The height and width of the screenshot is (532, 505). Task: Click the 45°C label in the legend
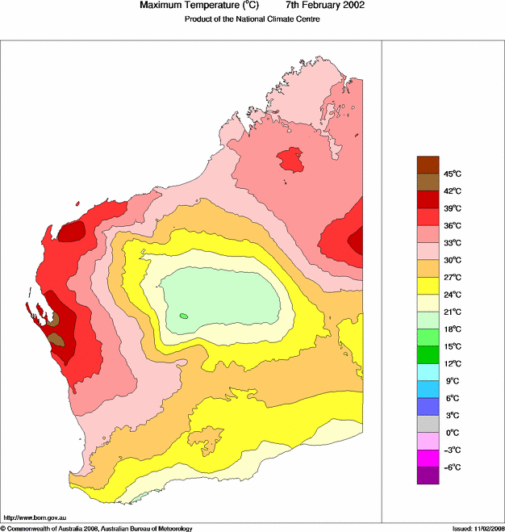[452, 174]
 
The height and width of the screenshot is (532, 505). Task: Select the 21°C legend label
[452, 312]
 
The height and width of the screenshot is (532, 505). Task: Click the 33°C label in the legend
[452, 242]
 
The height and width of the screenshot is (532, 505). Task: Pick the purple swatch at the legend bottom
[428, 476]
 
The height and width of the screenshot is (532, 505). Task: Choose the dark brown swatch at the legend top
[428, 165]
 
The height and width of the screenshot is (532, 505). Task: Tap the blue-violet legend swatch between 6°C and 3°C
[428, 407]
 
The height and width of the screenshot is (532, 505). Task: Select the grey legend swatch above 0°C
[428, 424]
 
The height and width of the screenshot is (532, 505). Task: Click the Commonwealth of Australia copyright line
[96, 528]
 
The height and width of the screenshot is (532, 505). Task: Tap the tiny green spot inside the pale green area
[184, 316]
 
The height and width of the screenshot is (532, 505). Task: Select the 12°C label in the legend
[452, 363]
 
